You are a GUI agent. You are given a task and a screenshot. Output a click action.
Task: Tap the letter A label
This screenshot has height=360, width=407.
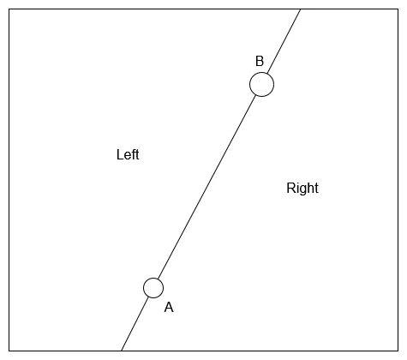(x=169, y=308)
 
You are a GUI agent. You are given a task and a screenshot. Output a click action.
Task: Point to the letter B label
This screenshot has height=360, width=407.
(x=260, y=62)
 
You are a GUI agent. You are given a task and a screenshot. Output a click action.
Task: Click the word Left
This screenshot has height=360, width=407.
(x=128, y=154)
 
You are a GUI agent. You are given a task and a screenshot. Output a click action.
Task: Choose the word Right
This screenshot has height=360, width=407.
(x=302, y=188)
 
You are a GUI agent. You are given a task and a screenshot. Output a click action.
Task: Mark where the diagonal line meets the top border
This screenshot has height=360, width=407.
(x=301, y=9)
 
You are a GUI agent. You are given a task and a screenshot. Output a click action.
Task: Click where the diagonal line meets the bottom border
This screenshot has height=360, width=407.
(x=121, y=351)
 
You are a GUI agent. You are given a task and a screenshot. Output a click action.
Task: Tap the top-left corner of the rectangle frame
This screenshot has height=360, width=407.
(x=9, y=9)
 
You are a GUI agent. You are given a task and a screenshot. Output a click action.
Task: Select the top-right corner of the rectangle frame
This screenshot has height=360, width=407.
(x=398, y=9)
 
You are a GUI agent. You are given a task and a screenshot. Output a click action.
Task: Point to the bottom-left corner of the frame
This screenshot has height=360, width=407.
(x=9, y=351)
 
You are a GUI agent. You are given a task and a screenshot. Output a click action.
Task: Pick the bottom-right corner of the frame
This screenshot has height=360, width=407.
(x=398, y=351)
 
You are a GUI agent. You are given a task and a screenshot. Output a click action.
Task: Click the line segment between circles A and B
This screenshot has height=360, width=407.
(x=207, y=187)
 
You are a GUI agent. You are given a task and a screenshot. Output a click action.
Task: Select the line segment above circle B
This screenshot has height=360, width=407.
(x=284, y=41)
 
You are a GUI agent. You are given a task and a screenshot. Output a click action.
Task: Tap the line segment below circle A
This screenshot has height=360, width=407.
(x=135, y=324)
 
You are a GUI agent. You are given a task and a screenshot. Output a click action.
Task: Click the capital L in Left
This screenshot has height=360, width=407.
(x=120, y=154)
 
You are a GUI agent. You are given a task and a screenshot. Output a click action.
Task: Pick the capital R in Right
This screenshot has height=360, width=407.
(x=291, y=188)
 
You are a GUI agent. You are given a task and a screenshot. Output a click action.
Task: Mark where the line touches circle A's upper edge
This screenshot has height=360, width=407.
(x=159, y=279)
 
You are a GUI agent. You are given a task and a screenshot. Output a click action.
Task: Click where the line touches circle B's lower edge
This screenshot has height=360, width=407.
(x=256, y=95)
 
